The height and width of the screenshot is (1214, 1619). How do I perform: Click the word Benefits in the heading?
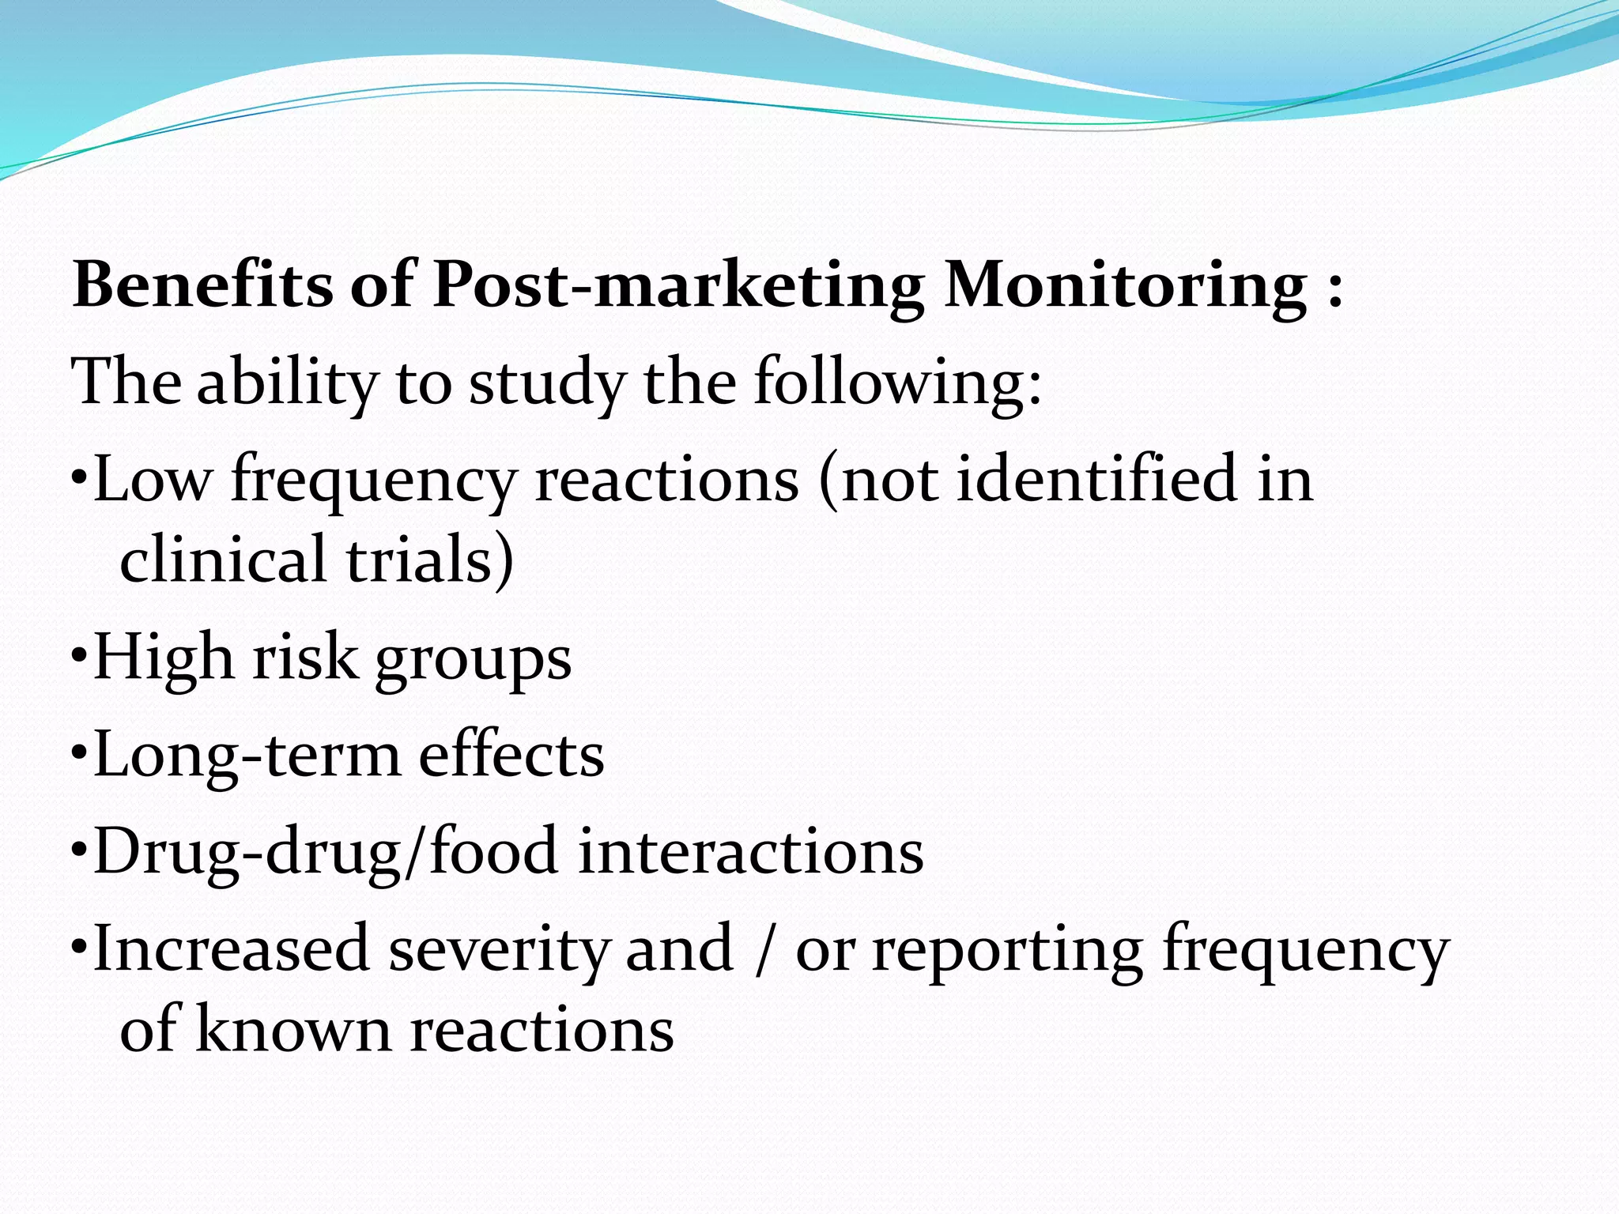(x=202, y=285)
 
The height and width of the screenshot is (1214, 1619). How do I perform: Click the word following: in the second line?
(x=898, y=383)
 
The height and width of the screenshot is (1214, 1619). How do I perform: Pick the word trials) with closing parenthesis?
(x=431, y=559)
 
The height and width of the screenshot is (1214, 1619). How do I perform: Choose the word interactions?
(x=750, y=852)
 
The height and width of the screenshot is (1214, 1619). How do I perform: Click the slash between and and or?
(x=763, y=949)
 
